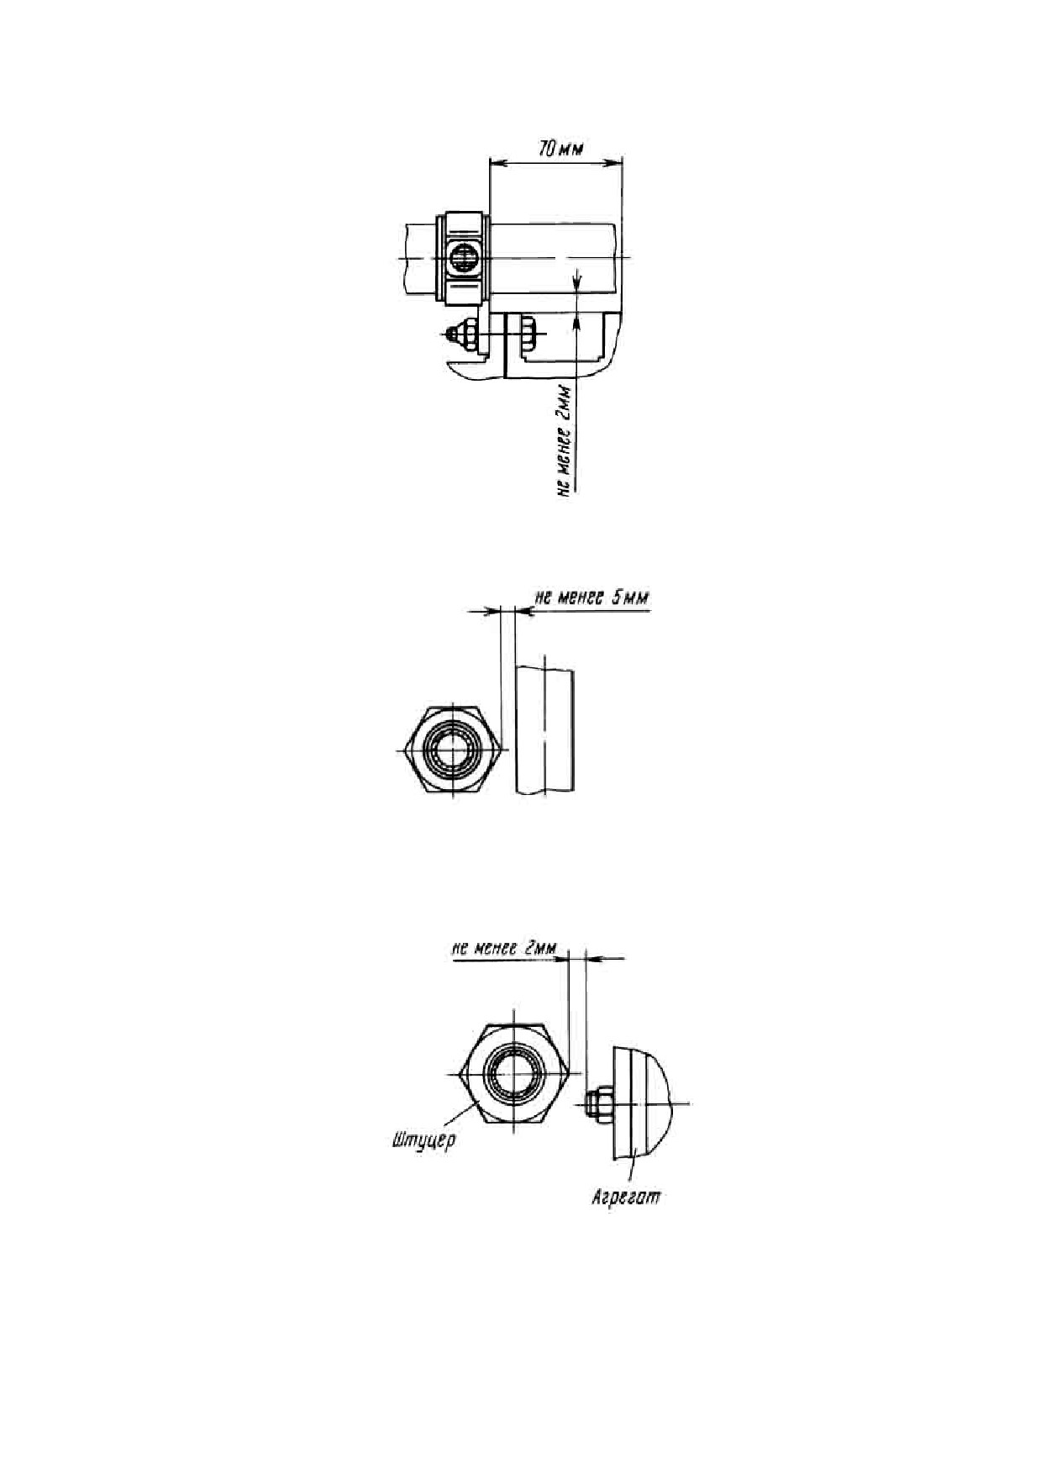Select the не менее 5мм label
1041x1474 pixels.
[x=591, y=598]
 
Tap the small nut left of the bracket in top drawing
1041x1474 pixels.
[x=462, y=334]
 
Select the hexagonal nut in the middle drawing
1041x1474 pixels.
[x=454, y=750]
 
